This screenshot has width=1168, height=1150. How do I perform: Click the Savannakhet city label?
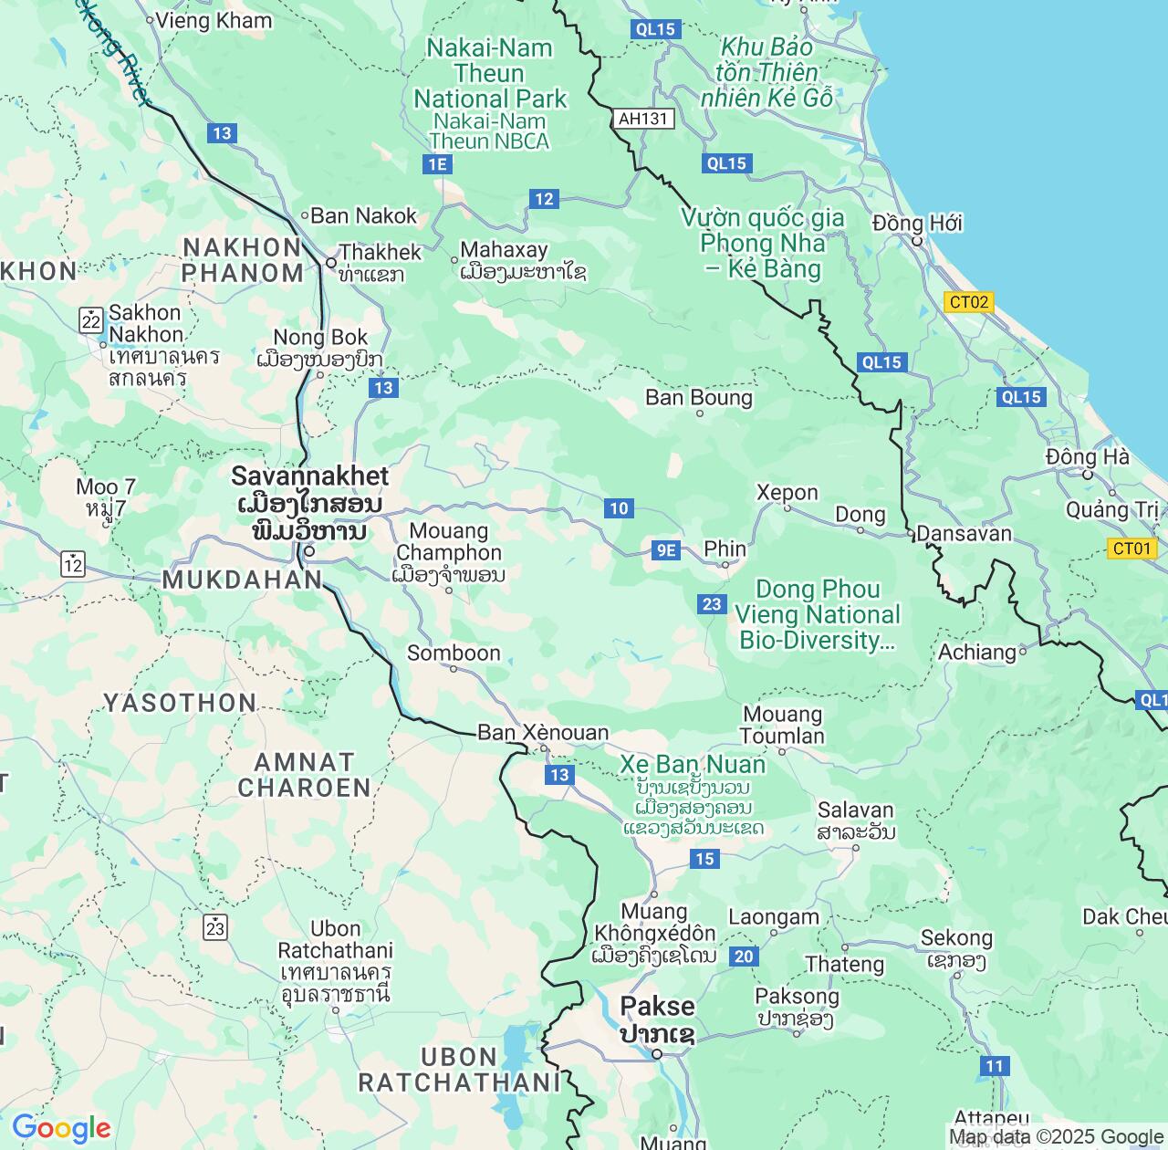pyautogui.click(x=309, y=476)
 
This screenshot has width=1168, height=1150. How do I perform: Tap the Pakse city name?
pyautogui.click(x=657, y=1007)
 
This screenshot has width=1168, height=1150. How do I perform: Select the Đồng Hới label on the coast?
pyautogui.click(x=917, y=224)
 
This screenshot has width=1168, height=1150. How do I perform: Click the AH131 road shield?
pyautogui.click(x=643, y=119)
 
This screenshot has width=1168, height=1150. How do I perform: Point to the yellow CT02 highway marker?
pyautogui.click(x=968, y=302)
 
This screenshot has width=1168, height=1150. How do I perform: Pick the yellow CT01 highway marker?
pyautogui.click(x=1132, y=548)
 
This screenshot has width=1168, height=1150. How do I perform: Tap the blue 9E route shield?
pyautogui.click(x=666, y=549)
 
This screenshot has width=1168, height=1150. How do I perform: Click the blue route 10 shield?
pyautogui.click(x=619, y=508)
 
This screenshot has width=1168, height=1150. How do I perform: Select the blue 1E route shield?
pyautogui.click(x=437, y=164)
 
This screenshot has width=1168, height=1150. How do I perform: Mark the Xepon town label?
pyautogui.click(x=787, y=493)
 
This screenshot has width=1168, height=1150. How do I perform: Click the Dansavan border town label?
pyautogui.click(x=964, y=534)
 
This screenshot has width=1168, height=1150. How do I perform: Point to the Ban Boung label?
pyautogui.click(x=699, y=398)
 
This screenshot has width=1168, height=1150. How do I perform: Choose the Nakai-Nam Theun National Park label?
pyautogui.click(x=490, y=74)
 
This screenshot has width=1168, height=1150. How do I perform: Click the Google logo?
pyautogui.click(x=61, y=1128)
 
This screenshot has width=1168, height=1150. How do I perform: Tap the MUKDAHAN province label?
pyautogui.click(x=243, y=580)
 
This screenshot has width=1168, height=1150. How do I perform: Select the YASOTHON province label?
pyautogui.click(x=180, y=703)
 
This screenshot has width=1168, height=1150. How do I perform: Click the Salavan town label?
pyautogui.click(x=855, y=810)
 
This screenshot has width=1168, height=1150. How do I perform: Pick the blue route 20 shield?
pyautogui.click(x=745, y=956)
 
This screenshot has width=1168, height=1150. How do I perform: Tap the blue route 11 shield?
pyautogui.click(x=994, y=1066)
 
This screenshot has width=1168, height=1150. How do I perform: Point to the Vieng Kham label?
pyautogui.click(x=214, y=20)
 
